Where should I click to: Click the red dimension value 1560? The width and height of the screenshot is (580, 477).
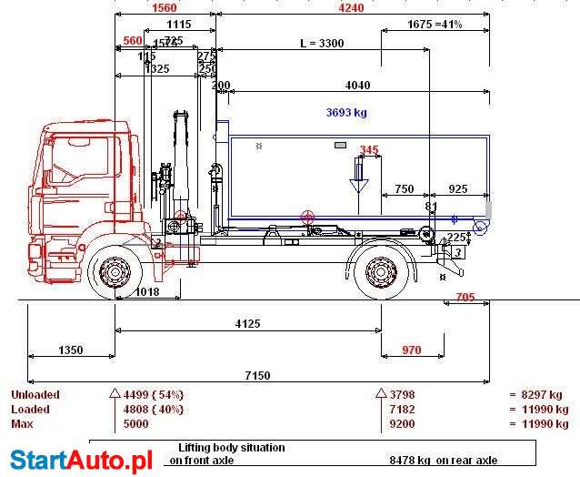click(x=164, y=7)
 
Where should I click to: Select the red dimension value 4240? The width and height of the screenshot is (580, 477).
click(x=350, y=7)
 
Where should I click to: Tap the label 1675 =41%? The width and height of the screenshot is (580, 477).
click(x=435, y=24)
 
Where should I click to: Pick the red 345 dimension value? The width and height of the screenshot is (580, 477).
click(x=369, y=150)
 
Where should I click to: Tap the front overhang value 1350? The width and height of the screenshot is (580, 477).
click(x=70, y=350)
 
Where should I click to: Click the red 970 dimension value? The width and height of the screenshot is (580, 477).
click(x=411, y=350)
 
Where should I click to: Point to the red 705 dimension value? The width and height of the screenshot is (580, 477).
click(x=465, y=297)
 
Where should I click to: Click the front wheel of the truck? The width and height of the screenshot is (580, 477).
click(x=115, y=272)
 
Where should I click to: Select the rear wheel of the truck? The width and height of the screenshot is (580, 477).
click(x=379, y=272)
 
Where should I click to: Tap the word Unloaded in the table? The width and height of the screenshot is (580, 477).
click(x=35, y=395)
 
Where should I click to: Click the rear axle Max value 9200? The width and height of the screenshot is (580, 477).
click(x=403, y=424)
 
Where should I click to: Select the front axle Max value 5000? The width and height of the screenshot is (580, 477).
click(x=136, y=424)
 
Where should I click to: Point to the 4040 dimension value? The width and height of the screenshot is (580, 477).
click(x=357, y=86)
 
